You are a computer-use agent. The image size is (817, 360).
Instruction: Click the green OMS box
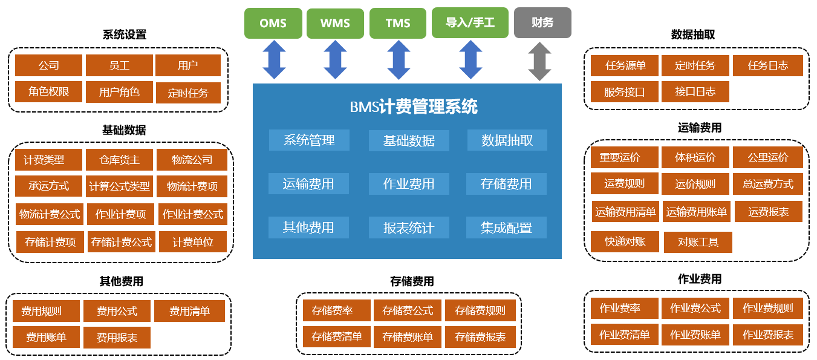tap(273, 23)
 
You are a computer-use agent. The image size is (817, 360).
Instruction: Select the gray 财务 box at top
tap(542, 23)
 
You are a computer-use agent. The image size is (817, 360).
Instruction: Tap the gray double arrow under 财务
tap(539, 61)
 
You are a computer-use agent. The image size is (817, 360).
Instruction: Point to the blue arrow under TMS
tap(399, 61)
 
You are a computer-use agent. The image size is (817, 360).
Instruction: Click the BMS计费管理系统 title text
tap(414, 107)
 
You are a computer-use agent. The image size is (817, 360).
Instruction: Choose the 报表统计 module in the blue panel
tap(409, 228)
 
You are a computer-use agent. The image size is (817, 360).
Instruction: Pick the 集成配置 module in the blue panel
tap(506, 228)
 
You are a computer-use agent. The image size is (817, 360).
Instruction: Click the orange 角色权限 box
tap(49, 92)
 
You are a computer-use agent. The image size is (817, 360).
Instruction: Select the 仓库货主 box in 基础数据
tap(120, 160)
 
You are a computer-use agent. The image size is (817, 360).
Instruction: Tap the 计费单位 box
tap(193, 242)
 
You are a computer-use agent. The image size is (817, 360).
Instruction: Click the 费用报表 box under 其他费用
tap(117, 338)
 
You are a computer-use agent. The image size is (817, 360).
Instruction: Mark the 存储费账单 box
tap(408, 337)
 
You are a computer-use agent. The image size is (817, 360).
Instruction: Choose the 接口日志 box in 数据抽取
tap(695, 91)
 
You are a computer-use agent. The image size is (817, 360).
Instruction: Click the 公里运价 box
tap(768, 158)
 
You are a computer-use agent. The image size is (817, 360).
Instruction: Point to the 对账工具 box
tap(698, 243)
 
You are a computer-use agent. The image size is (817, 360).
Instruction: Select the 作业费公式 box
tap(695, 308)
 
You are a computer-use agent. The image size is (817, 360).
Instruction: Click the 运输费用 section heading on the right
tap(700, 128)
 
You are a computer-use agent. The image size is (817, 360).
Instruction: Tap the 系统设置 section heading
tap(125, 35)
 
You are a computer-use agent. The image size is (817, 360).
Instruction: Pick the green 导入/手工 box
tap(470, 23)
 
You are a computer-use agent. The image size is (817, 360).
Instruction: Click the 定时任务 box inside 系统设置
tap(188, 93)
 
